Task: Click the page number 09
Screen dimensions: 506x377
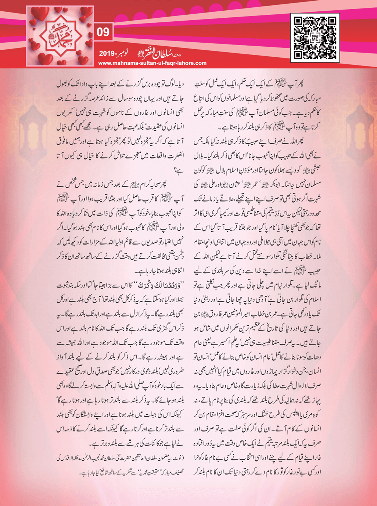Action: (103, 32)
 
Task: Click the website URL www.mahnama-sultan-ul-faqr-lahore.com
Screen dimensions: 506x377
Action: (152, 63)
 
